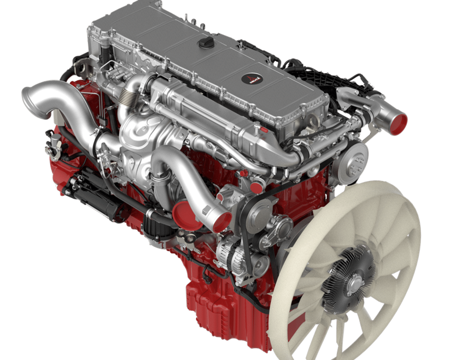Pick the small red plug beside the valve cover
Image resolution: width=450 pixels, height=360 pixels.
[x=263, y=130]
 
